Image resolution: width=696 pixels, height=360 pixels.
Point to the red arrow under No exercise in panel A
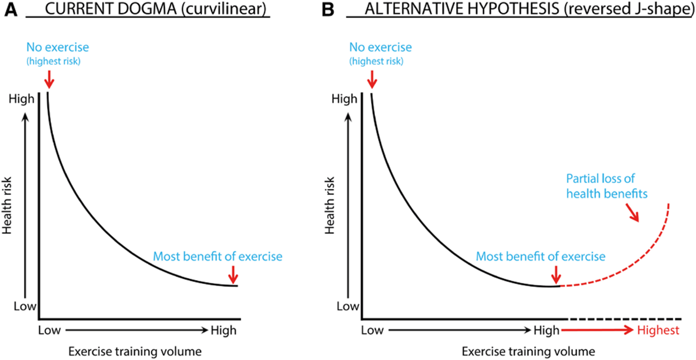click(49, 82)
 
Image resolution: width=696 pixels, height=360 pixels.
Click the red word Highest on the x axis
click(658, 330)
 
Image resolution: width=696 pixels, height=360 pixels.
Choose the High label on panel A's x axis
click(223, 330)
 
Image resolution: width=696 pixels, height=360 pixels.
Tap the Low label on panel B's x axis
click(372, 330)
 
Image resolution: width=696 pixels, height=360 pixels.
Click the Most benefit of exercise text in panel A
click(217, 256)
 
